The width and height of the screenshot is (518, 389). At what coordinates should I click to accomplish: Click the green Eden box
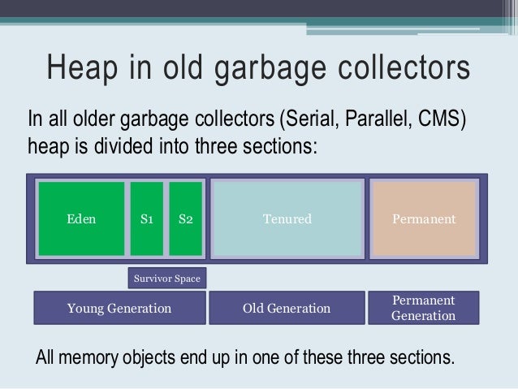pyautogui.click(x=81, y=219)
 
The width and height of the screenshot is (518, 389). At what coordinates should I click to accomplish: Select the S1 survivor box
pyautogui.click(x=147, y=219)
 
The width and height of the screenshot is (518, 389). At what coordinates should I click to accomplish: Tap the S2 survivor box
pyautogui.click(x=185, y=219)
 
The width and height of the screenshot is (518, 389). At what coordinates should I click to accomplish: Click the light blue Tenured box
pyautogui.click(x=287, y=219)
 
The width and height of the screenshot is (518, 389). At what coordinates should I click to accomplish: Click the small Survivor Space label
pyautogui.click(x=166, y=279)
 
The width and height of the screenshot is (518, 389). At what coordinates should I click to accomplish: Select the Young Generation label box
pyautogui.click(x=119, y=309)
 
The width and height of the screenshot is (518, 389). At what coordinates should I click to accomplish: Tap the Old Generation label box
pyautogui.click(x=287, y=309)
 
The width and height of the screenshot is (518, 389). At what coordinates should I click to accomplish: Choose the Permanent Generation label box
pyautogui.click(x=423, y=308)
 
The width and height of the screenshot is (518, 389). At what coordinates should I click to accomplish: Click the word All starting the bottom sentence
pyautogui.click(x=48, y=358)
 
